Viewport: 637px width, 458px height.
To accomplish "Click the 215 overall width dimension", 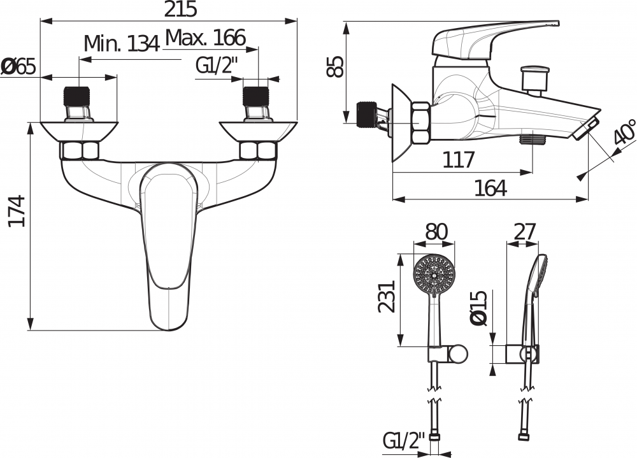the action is (x=180, y=9).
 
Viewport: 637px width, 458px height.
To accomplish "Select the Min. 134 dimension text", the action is (x=122, y=43).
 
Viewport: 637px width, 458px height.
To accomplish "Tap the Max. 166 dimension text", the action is (x=206, y=38).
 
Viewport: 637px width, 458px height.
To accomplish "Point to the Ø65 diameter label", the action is (x=18, y=67).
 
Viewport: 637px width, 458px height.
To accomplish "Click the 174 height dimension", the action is (x=17, y=211).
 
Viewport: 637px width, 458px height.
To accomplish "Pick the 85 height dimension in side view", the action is (x=335, y=67).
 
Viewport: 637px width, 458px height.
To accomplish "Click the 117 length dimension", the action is (x=458, y=160).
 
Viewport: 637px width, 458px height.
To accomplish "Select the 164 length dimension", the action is (x=490, y=188).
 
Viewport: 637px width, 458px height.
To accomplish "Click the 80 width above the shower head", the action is (x=436, y=232).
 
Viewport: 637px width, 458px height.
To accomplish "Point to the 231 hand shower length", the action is (x=387, y=296).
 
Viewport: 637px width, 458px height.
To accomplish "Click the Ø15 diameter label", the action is (x=478, y=308).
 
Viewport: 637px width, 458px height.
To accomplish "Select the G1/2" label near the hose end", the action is (x=404, y=441).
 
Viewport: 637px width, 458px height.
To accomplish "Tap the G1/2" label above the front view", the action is (x=217, y=66).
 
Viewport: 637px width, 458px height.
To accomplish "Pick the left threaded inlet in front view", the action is (x=77, y=104).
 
